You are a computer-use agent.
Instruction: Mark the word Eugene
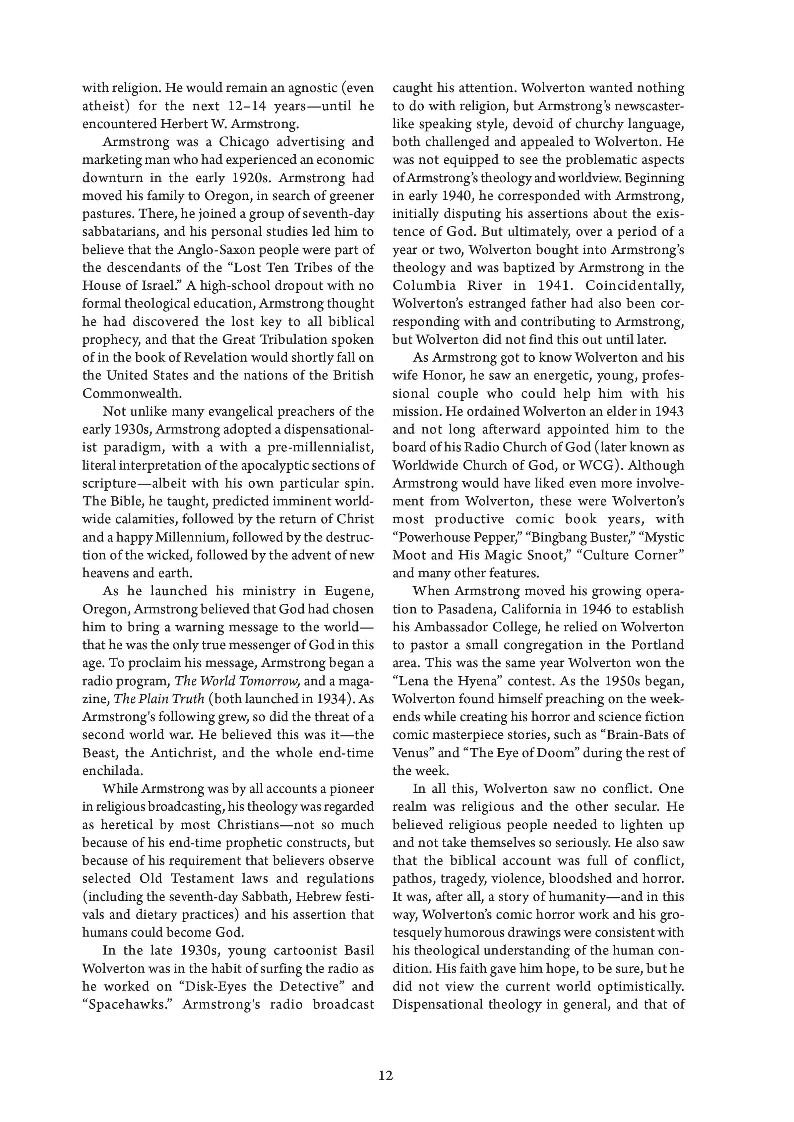(x=349, y=592)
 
